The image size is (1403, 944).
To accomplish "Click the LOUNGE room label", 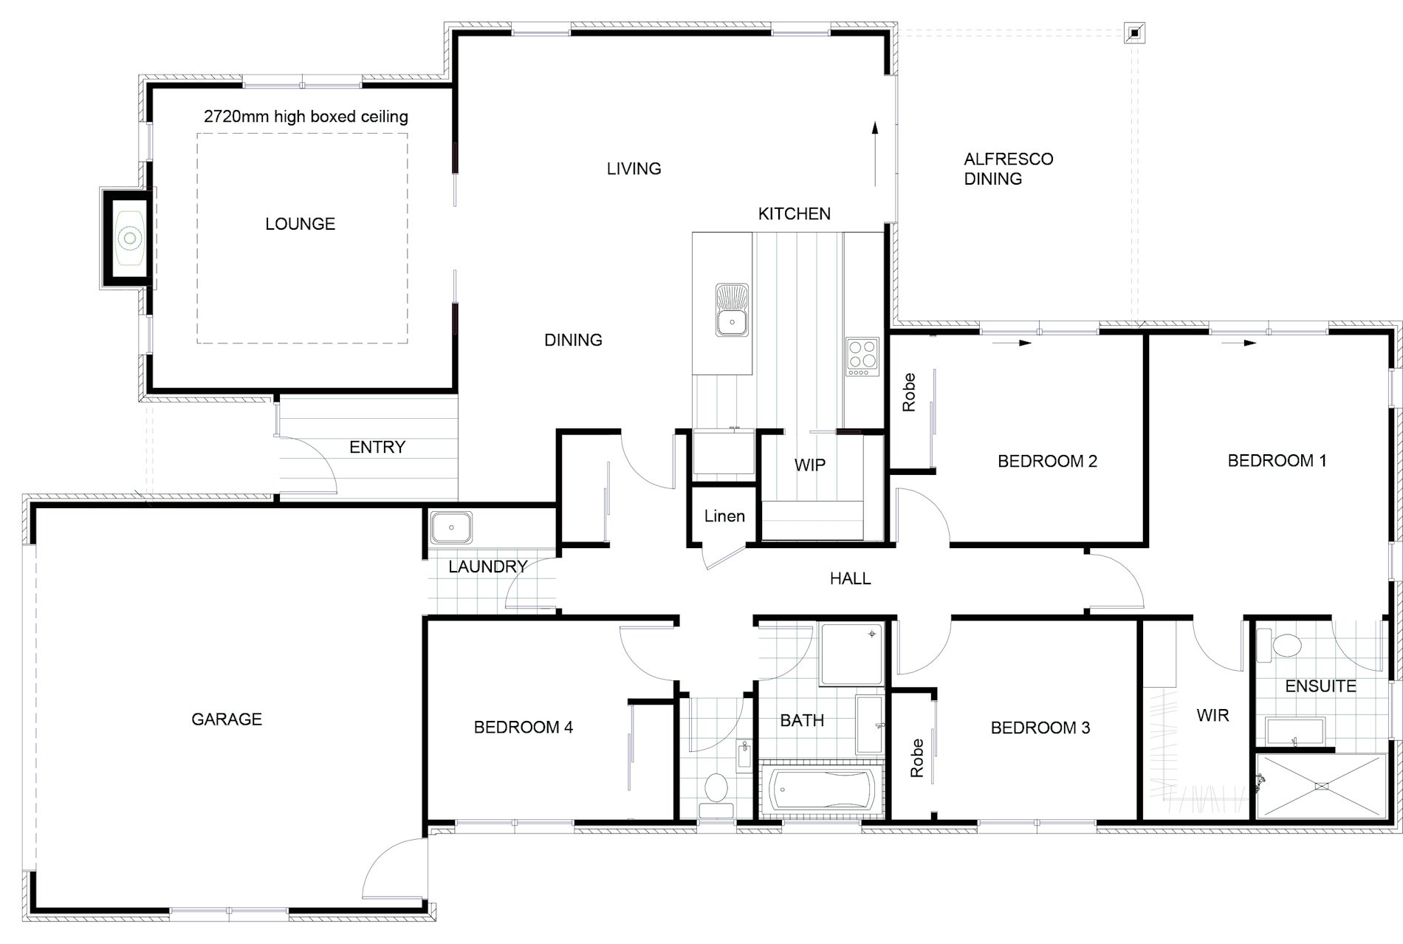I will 300,224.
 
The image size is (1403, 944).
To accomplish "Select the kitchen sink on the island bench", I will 732,310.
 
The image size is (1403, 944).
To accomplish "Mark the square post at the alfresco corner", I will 1133,33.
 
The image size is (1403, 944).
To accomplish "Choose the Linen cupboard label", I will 724,516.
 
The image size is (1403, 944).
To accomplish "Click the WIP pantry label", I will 809,465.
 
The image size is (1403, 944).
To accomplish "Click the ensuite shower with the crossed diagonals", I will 1321,786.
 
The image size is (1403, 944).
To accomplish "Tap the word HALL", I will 850,578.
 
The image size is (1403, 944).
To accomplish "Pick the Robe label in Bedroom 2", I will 909,392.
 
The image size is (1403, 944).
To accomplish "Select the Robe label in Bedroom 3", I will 917,758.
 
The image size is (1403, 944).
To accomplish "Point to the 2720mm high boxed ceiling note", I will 306,117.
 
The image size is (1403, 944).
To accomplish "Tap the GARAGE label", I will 226,719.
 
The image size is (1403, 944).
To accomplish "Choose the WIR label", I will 1212,715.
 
